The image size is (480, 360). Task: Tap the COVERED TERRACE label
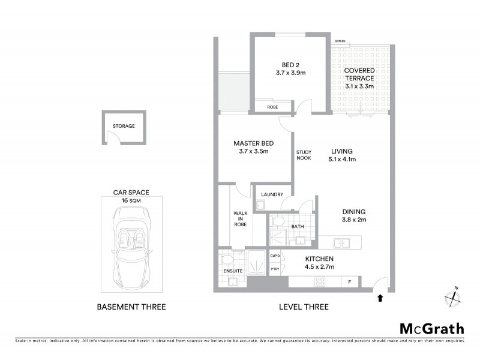[x=359, y=78]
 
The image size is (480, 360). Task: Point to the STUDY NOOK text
[x=303, y=155]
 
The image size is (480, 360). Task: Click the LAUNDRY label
[x=273, y=194]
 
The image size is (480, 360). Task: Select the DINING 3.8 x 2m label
[x=353, y=215]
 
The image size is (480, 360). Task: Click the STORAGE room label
[x=124, y=127]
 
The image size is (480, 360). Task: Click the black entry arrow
[x=379, y=296]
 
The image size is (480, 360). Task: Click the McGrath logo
[x=432, y=328]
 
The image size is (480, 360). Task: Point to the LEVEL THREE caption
[x=304, y=307]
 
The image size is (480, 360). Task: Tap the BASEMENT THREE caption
[x=131, y=307]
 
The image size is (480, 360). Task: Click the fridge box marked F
[x=350, y=281]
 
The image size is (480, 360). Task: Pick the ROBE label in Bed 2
[x=264, y=107]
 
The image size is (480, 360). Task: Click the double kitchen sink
[x=342, y=242]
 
